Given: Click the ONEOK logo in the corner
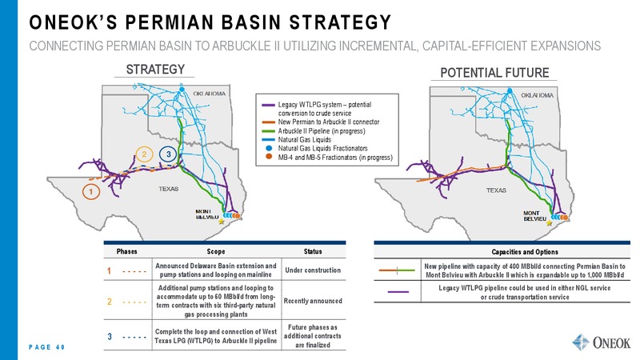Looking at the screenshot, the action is click(602, 342).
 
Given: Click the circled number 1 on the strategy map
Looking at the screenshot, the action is click(91, 191).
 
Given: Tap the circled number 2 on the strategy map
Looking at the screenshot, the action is click(144, 154).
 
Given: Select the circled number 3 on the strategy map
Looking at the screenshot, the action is click(168, 154).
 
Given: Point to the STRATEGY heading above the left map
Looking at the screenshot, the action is click(155, 70).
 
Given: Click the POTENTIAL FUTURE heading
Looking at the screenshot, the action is click(494, 73).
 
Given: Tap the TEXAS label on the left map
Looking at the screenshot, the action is click(169, 189).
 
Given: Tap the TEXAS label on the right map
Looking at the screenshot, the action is click(496, 190).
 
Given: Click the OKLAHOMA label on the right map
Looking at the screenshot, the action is click(537, 95).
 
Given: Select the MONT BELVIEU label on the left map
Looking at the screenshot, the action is click(207, 214).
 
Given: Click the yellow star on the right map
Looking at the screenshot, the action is click(550, 223).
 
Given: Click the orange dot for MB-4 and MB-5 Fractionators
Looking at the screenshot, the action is click(269, 157).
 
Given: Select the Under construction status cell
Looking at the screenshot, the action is click(313, 270).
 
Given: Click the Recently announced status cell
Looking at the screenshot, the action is click(313, 301).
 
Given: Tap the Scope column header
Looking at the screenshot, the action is click(216, 251).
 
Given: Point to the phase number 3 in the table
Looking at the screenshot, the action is click(110, 337).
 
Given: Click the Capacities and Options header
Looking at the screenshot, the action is click(525, 252).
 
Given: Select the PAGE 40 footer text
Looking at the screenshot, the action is click(47, 347).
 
